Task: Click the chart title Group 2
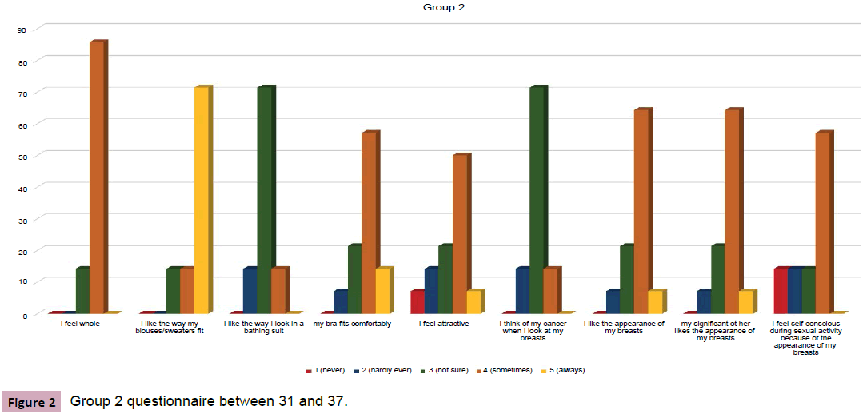[439, 7]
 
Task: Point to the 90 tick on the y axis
[22, 30]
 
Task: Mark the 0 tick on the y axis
[24, 315]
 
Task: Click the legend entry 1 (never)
[323, 370]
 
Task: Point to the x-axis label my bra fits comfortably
[353, 324]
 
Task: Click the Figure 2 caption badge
[30, 401]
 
